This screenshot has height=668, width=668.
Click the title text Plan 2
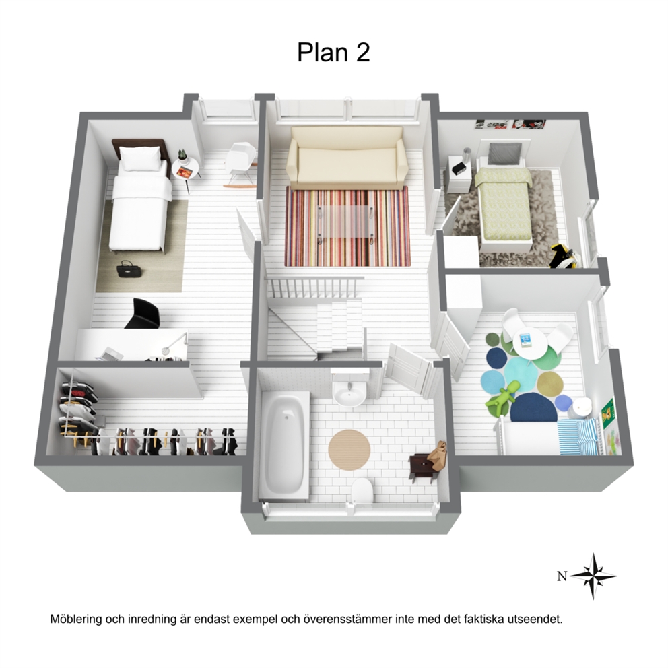(333, 53)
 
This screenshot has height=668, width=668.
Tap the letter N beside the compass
(562, 577)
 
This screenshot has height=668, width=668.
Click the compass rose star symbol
(593, 576)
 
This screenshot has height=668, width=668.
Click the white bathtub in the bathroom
(283, 444)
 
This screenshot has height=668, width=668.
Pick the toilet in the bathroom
(362, 490)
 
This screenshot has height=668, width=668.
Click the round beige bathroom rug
(349, 450)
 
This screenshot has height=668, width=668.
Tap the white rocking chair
(240, 164)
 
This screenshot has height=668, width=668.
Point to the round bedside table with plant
(185, 169)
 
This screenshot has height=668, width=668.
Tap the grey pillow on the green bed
(505, 154)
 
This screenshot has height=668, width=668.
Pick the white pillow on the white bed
(140, 158)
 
